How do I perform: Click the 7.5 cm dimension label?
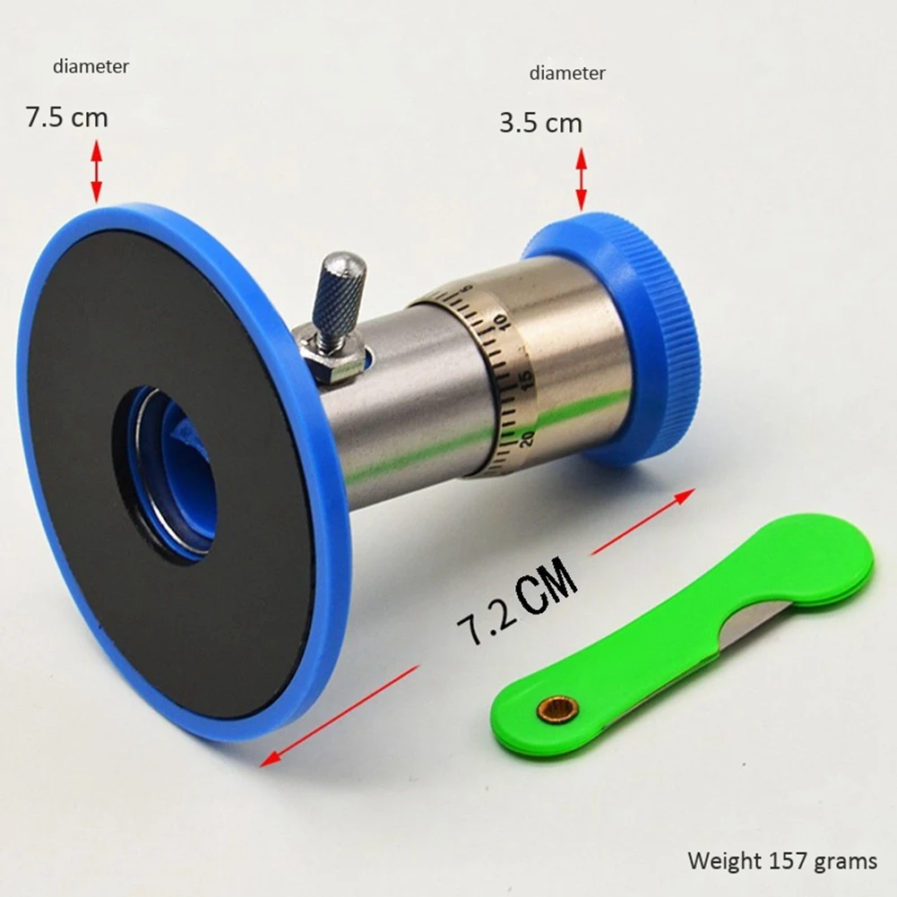66,117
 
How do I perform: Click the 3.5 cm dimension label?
540,123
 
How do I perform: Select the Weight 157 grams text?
782,861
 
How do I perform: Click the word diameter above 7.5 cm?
91,66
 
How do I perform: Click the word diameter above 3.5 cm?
567,73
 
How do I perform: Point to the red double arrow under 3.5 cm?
581,179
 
